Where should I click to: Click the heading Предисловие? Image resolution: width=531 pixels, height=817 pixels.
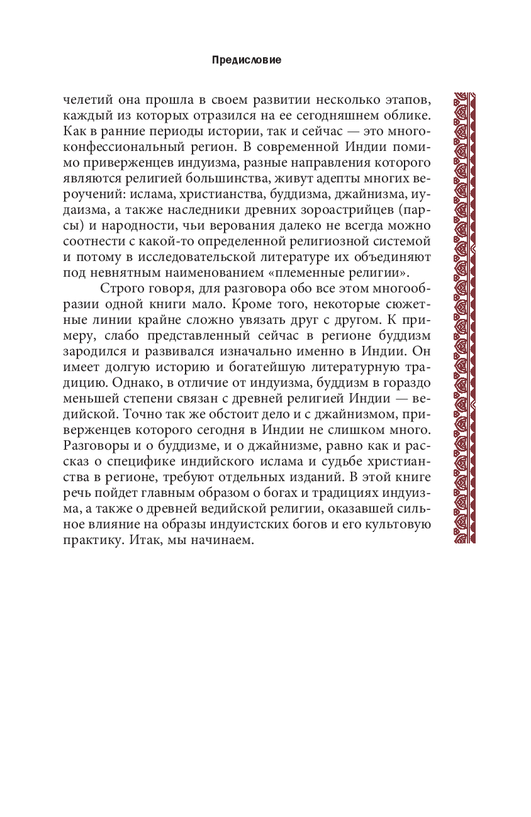(247, 60)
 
